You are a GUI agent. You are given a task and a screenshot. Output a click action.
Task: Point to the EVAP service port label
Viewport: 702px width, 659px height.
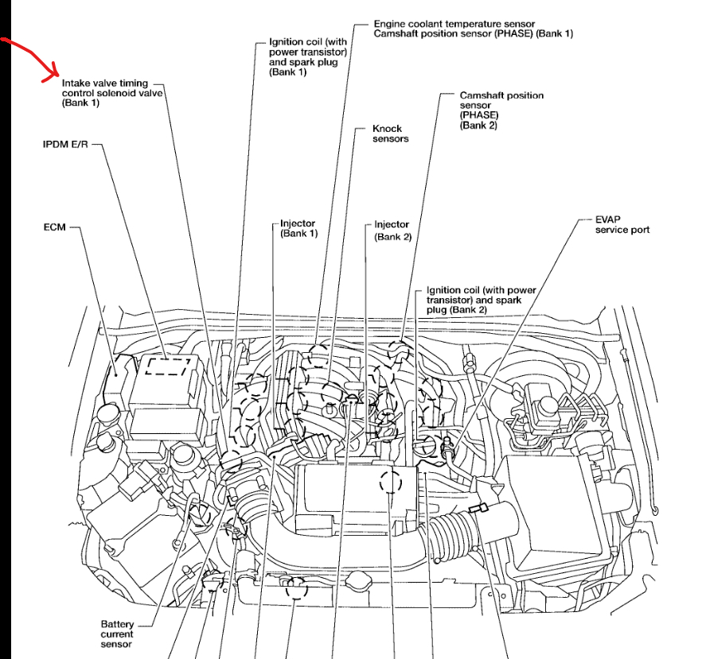pos(622,224)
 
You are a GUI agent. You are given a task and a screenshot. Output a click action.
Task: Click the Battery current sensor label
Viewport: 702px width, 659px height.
pos(117,634)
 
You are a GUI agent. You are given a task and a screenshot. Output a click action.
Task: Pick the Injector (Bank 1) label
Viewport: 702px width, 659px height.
pos(298,229)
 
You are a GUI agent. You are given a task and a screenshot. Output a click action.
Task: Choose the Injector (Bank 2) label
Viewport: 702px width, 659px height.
pos(392,231)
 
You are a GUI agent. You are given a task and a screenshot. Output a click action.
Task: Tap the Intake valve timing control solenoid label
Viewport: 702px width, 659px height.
pos(111,92)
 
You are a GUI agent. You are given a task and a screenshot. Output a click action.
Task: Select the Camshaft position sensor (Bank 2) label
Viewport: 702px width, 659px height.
pos(501,110)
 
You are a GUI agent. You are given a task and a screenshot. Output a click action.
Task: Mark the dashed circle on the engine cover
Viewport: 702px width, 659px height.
pos(390,482)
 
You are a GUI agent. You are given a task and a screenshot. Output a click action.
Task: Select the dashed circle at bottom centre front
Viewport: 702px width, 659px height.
pos(296,588)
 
